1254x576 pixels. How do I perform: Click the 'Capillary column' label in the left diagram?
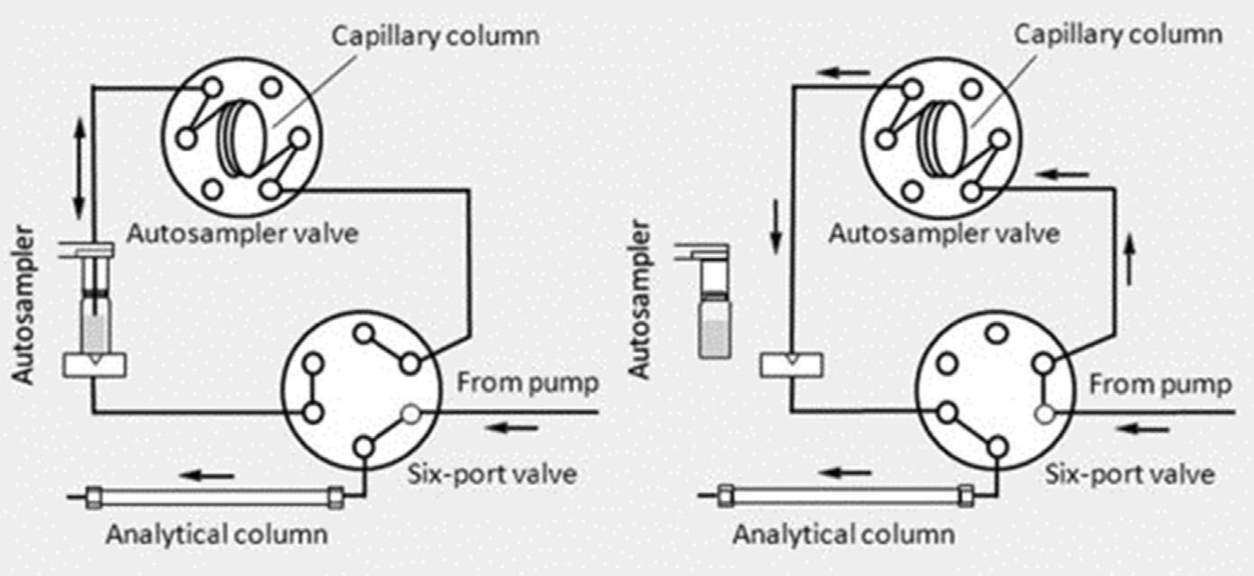tap(436, 37)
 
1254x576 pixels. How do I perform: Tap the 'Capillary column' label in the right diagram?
tap(1118, 35)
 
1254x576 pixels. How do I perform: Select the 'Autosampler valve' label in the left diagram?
tap(243, 233)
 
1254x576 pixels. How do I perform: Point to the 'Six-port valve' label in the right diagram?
tap(1130, 475)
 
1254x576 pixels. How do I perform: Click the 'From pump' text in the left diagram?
tap(528, 384)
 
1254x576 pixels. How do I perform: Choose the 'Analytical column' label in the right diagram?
tap(844, 535)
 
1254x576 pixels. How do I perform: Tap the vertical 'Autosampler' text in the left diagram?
tap(23, 305)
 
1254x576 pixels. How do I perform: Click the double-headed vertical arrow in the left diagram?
tap(78, 169)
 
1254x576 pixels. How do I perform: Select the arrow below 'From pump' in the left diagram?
tap(512, 429)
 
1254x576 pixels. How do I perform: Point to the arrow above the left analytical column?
tap(207, 476)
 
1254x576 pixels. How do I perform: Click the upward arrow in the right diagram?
tap(1130, 260)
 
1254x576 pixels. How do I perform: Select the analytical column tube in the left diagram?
tap(215, 498)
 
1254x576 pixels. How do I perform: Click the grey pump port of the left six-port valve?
tap(411, 415)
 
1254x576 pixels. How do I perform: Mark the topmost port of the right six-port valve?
tap(997, 334)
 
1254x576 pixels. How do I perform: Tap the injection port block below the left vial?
tap(94, 365)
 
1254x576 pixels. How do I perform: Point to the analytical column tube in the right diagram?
tap(845, 496)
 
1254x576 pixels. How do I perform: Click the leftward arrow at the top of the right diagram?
tap(844, 73)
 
